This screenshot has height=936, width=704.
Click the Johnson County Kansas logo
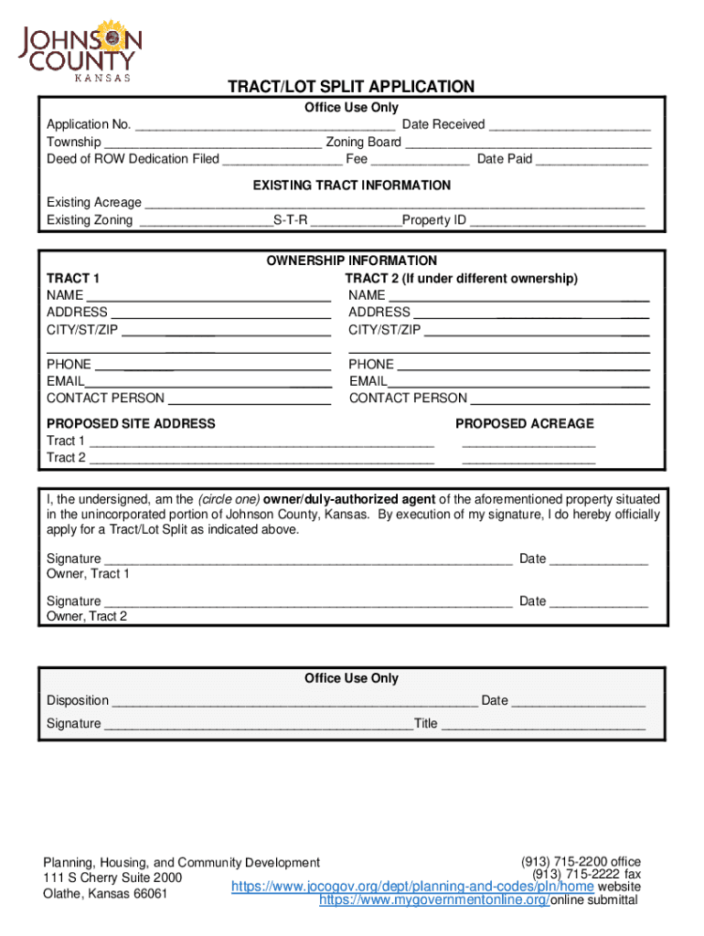click(81, 49)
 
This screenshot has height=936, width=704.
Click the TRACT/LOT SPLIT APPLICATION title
click(351, 87)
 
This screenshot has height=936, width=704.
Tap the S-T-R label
click(290, 220)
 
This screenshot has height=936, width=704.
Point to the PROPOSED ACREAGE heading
click(524, 423)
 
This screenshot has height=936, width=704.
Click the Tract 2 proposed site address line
click(261, 459)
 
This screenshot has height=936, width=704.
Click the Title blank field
click(543, 725)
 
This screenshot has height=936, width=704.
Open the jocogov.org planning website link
click(412, 887)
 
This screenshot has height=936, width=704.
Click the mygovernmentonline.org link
click(433, 900)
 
